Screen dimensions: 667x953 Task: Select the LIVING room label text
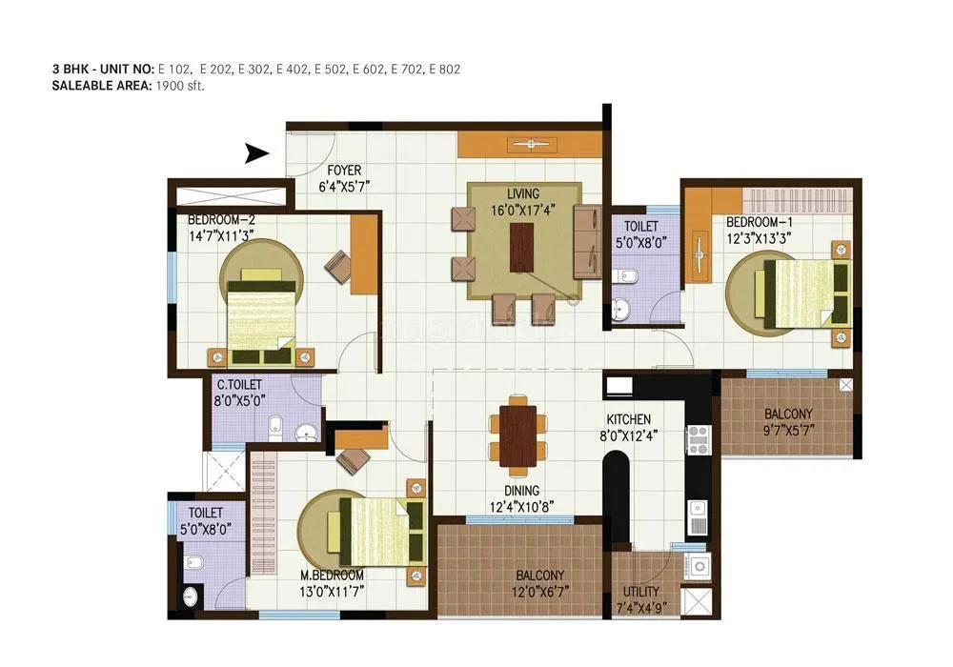pyautogui.click(x=521, y=194)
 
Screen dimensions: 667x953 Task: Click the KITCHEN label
pyautogui.click(x=629, y=419)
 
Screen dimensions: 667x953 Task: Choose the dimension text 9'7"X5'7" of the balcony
pyautogui.click(x=788, y=432)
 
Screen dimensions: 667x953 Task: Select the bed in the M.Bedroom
pyautogui.click(x=374, y=533)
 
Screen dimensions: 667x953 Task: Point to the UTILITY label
pyautogui.click(x=640, y=594)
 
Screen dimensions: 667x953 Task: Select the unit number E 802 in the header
pyautogui.click(x=445, y=69)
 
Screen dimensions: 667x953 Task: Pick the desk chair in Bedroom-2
pyautogui.click(x=337, y=264)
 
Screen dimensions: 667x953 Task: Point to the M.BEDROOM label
pyautogui.click(x=332, y=576)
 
